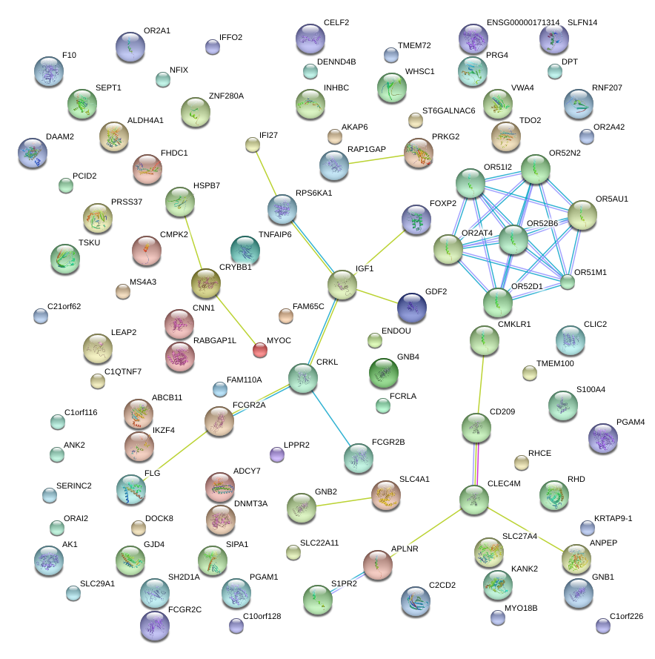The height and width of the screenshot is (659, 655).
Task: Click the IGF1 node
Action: (342, 285)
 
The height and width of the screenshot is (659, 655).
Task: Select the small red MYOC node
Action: (259, 349)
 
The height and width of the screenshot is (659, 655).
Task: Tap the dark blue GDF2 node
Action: (412, 308)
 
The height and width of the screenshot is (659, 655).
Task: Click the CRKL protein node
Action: (303, 378)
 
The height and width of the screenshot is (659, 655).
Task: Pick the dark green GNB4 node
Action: (383, 373)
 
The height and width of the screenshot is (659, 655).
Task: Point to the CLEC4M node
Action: (473, 500)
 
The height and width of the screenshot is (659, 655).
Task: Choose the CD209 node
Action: (476, 428)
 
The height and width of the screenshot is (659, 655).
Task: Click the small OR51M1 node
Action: (567, 282)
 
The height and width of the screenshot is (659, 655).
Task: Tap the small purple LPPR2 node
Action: (277, 454)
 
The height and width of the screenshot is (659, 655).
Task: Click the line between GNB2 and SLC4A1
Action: (344, 501)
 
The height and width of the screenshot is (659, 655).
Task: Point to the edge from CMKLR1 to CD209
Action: (480, 384)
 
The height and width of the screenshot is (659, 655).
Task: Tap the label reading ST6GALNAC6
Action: (448, 111)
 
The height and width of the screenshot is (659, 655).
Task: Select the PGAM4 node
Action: (603, 439)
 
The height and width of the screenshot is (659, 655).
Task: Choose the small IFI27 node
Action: (253, 145)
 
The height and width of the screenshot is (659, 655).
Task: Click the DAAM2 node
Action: (32, 152)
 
